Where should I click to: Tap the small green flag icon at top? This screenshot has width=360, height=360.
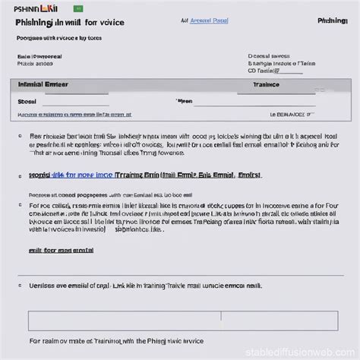coord(77,8)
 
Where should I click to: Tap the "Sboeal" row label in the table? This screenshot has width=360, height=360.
coord(27,100)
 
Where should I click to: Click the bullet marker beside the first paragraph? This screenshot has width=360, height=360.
coord(20,137)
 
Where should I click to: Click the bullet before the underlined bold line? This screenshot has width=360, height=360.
coord(20,175)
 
